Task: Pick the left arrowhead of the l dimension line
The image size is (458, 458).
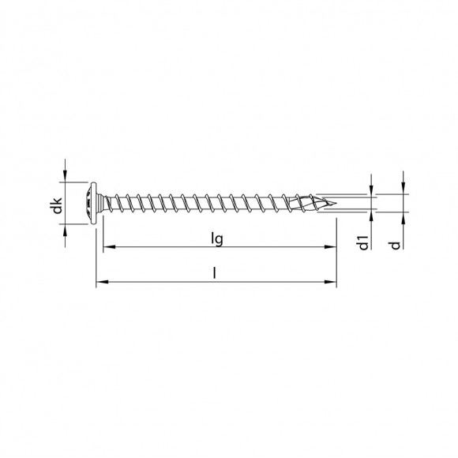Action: click(99, 280)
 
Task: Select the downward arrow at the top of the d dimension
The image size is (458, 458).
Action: click(402, 186)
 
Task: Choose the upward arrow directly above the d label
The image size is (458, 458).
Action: click(402, 222)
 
